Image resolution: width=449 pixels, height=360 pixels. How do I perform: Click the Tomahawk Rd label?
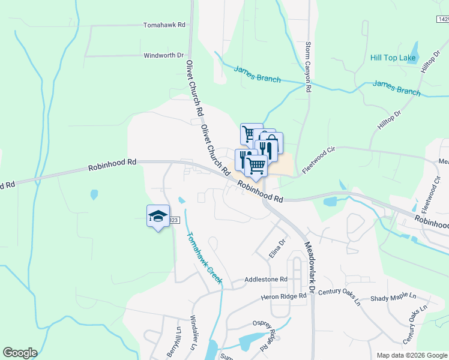coord(164,25)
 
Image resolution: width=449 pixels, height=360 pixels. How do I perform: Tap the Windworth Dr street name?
coord(163,55)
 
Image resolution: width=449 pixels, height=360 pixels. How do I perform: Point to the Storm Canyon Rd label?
coord(308,67)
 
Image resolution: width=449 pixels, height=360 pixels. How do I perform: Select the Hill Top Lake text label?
coord(393,58)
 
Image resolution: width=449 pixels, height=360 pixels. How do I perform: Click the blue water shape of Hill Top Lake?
coord(414,50)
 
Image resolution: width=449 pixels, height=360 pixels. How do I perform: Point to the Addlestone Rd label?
coord(266,280)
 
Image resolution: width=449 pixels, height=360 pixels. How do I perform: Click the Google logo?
coord(20,353)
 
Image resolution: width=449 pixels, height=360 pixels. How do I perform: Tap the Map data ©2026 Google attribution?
coord(411,355)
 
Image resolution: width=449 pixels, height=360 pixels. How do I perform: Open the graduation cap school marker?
coord(157,217)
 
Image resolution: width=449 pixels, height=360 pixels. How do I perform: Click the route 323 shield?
coord(173,220)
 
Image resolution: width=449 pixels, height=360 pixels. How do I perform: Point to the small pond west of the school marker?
coord(94,194)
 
